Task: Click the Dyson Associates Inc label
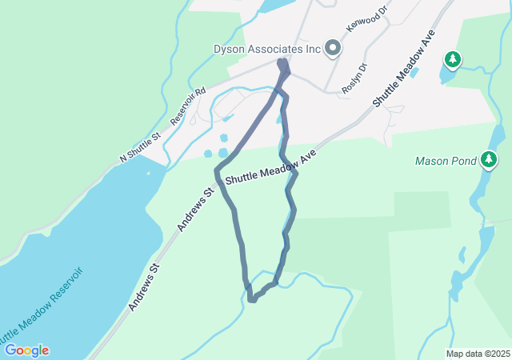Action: [266, 49]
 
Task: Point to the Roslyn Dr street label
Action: [354, 78]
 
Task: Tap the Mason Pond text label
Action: [446, 161]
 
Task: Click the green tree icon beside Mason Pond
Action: [489, 161]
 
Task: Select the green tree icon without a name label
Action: [453, 59]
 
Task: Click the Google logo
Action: [26, 350]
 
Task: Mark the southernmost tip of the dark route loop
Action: [251, 301]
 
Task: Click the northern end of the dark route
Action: [282, 62]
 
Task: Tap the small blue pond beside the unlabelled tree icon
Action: [443, 76]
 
